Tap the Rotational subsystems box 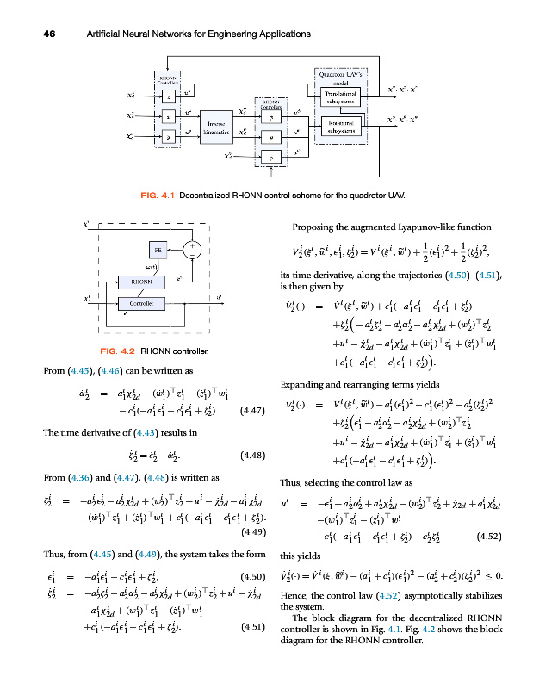pyautogui.click(x=346, y=127)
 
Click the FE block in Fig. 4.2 pyautogui.click(x=158, y=249)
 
